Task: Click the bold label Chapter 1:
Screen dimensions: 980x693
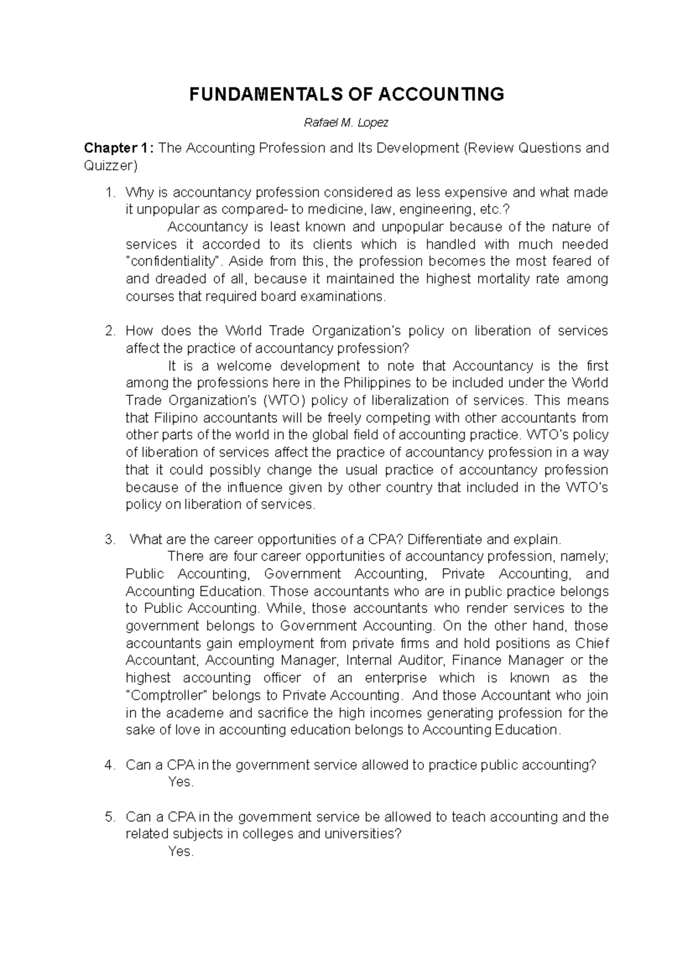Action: [x=119, y=148]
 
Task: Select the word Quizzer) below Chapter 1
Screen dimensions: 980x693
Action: [x=111, y=166]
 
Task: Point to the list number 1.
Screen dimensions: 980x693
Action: [x=110, y=192]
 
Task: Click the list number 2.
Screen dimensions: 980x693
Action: [x=110, y=331]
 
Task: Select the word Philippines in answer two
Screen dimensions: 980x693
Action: [x=377, y=383]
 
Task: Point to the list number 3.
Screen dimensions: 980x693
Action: [x=110, y=540]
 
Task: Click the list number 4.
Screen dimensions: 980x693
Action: [x=110, y=765]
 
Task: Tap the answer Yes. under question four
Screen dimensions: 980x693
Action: [x=181, y=783]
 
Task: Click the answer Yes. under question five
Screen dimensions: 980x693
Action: [x=181, y=852]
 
